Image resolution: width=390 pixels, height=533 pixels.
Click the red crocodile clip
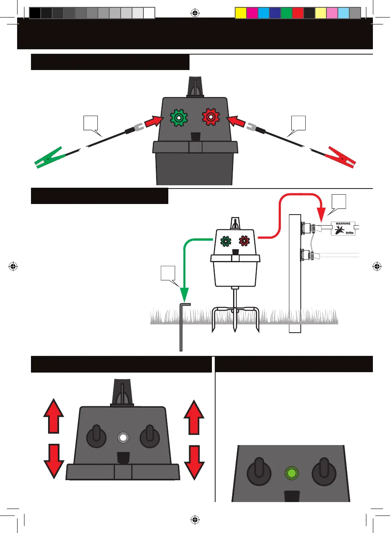pyautogui.click(x=341, y=158)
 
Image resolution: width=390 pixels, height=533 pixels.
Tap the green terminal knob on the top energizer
pyautogui.click(x=178, y=118)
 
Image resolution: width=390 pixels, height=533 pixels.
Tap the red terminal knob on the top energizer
pyautogui.click(x=211, y=117)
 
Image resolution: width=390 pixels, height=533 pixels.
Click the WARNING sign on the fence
pyautogui.click(x=343, y=228)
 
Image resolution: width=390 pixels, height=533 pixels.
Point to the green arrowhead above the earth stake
pyautogui.click(x=185, y=294)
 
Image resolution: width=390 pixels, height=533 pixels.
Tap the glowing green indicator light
pyautogui.click(x=291, y=473)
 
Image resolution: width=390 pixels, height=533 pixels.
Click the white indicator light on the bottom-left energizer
pyautogui.click(x=123, y=438)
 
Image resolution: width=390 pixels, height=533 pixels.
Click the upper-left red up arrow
pyautogui.click(x=54, y=416)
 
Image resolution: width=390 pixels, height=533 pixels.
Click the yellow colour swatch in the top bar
pyautogui.click(x=241, y=13)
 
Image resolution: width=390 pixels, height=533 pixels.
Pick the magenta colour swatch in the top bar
pyautogui.click(x=252, y=13)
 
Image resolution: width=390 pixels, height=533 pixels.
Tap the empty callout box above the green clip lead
pyautogui.click(x=90, y=123)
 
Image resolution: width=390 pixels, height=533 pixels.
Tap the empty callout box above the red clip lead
pyautogui.click(x=298, y=123)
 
